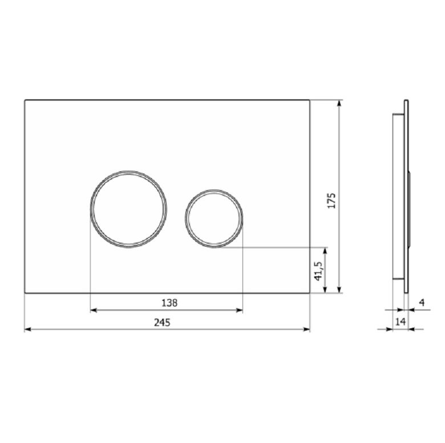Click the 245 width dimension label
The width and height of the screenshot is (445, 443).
pyautogui.click(x=162, y=323)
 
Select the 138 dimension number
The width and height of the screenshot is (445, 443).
pyautogui.click(x=169, y=303)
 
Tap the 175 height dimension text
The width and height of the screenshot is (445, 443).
pyautogui.click(x=331, y=201)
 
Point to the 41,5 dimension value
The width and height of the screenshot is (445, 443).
pyautogui.click(x=318, y=271)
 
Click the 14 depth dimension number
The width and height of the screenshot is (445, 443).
pyautogui.click(x=400, y=322)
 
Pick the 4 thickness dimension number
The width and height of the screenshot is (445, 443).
pyautogui.click(x=422, y=303)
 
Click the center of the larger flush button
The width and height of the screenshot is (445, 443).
pyautogui.click(x=128, y=210)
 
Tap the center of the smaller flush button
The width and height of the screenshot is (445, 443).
pyautogui.click(x=214, y=218)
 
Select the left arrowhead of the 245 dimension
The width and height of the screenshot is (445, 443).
pyautogui.click(x=28, y=329)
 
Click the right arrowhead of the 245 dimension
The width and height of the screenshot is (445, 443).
pyautogui.click(x=307, y=329)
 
